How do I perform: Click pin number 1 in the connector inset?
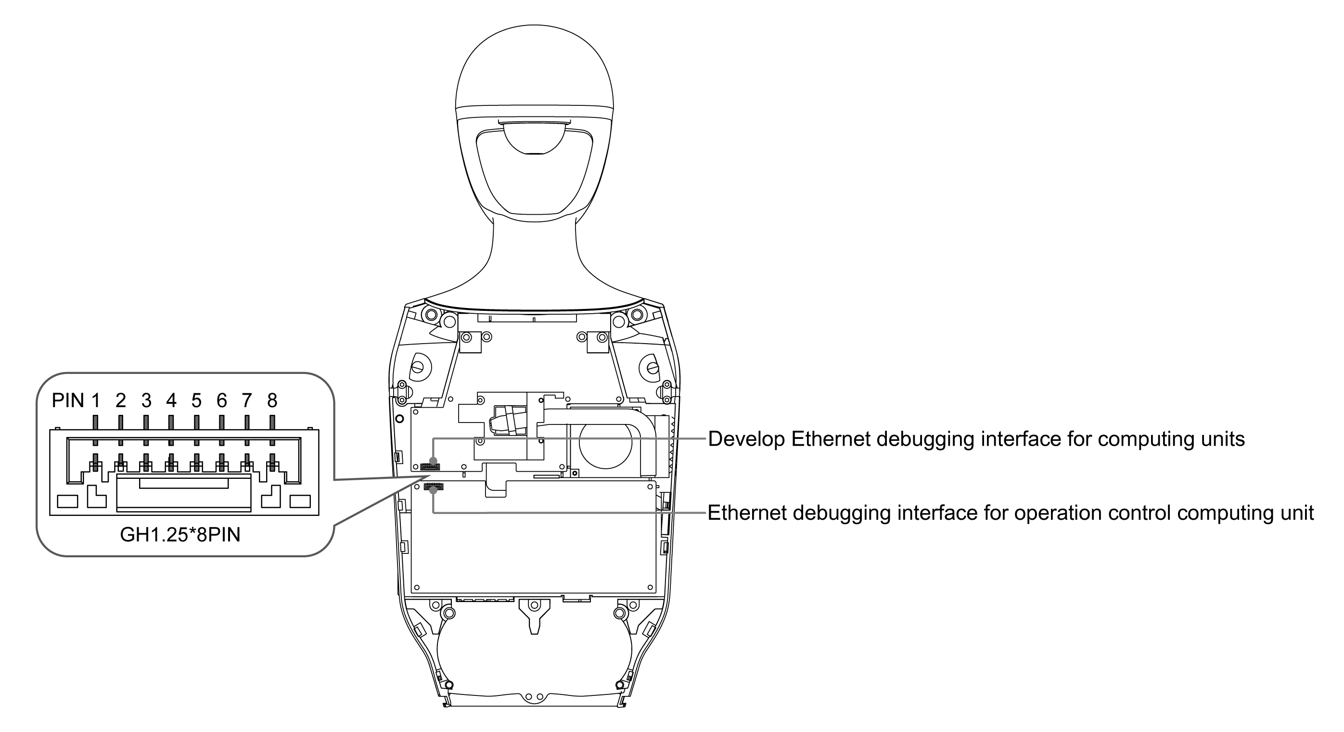tap(95, 401)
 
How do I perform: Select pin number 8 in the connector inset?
tap(272, 401)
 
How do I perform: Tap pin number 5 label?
tap(196, 401)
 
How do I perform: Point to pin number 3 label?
tap(146, 401)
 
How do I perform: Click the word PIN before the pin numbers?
tap(68, 401)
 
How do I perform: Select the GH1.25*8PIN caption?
tap(180, 535)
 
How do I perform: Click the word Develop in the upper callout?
tap(746, 439)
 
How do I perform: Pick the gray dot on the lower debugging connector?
tap(433, 490)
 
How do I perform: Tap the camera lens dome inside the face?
tap(534, 138)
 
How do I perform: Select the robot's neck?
tap(534, 250)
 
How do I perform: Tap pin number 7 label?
tap(246, 401)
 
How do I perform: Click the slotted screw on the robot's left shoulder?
tap(652, 367)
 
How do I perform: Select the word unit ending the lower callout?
tap(1296, 513)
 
